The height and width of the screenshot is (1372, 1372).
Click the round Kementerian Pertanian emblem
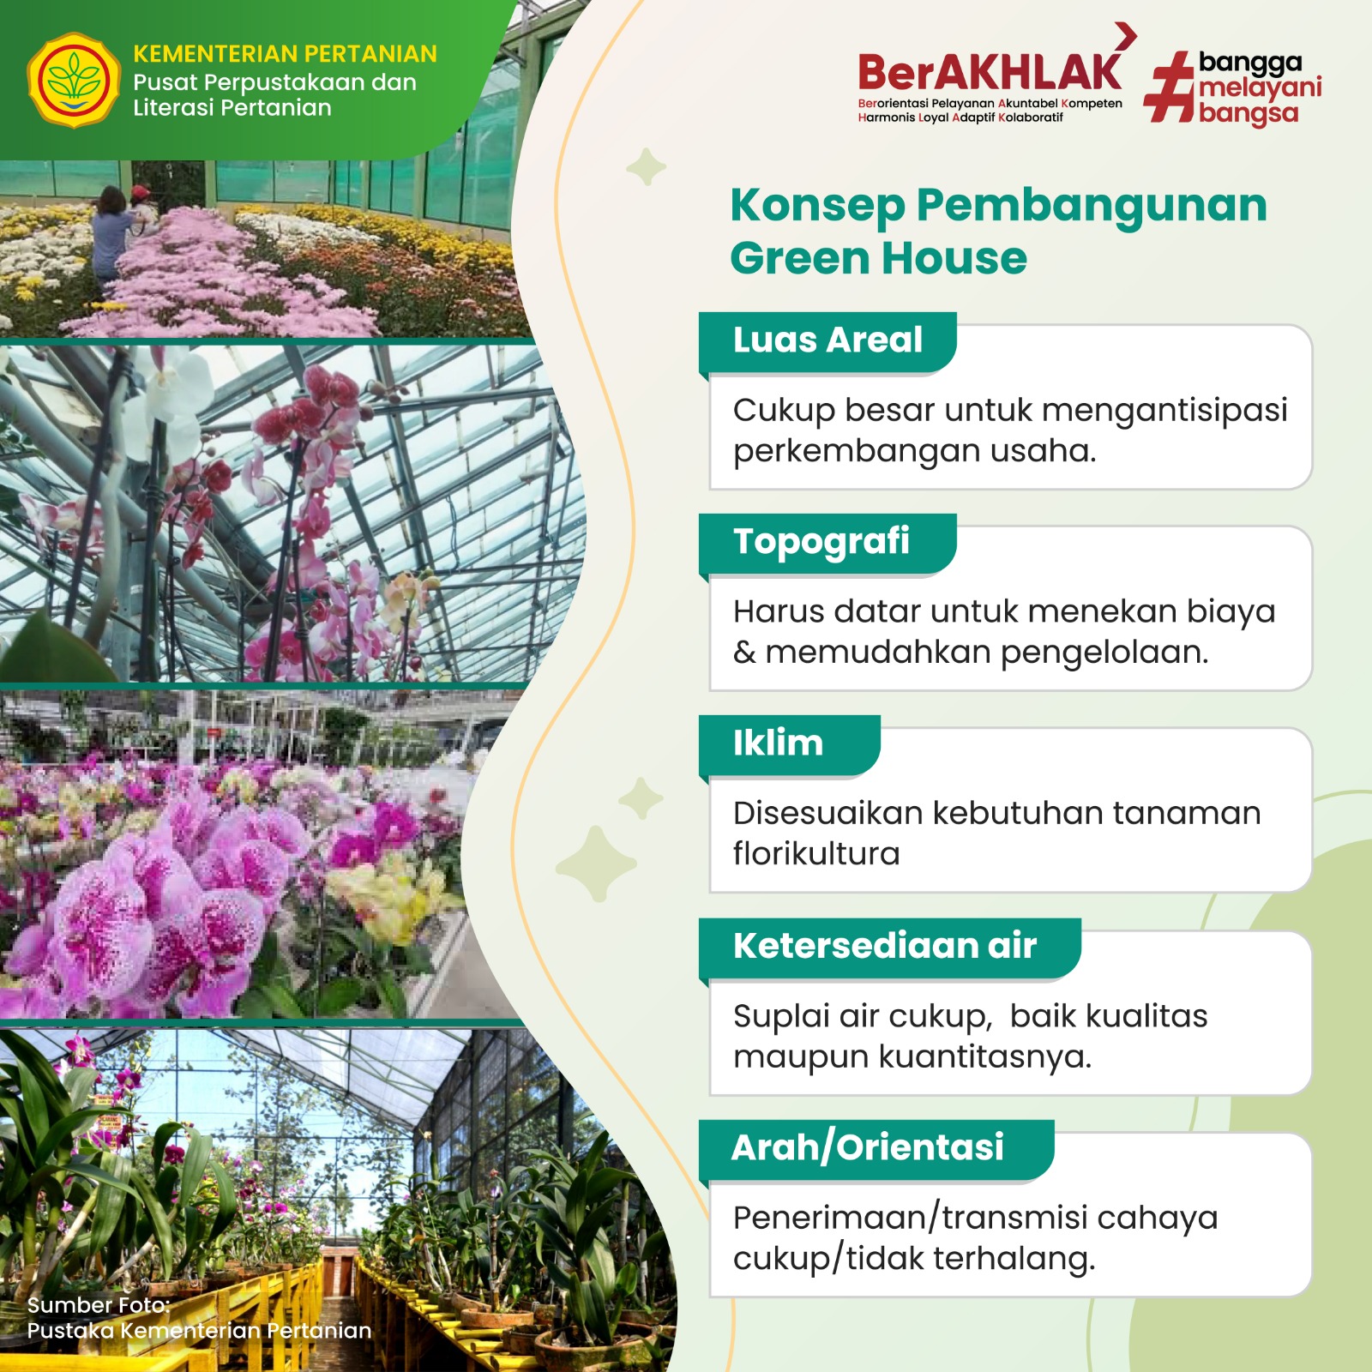tap(74, 81)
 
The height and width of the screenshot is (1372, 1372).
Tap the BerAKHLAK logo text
tap(990, 72)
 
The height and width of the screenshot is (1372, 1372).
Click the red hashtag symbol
tap(1170, 87)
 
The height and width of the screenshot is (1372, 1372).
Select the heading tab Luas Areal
tap(827, 340)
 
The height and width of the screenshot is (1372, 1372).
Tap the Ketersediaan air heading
tap(885, 946)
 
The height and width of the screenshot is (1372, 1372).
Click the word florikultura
tap(816, 854)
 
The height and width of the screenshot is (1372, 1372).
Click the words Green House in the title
tap(879, 258)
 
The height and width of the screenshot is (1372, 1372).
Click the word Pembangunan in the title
tap(1092, 206)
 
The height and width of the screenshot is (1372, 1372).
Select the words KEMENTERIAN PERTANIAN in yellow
tap(285, 54)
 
